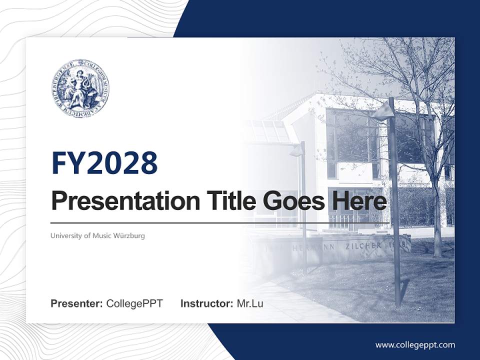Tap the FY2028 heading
(x=104, y=162)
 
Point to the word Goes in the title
(x=292, y=200)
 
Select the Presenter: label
(x=77, y=303)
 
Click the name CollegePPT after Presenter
(x=134, y=303)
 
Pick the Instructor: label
(x=206, y=303)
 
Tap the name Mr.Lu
(x=250, y=303)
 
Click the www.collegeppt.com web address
(x=415, y=345)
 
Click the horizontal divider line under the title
(x=220, y=223)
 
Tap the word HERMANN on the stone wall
(x=310, y=247)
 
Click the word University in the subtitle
(x=64, y=235)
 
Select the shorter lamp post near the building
(x=302, y=210)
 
